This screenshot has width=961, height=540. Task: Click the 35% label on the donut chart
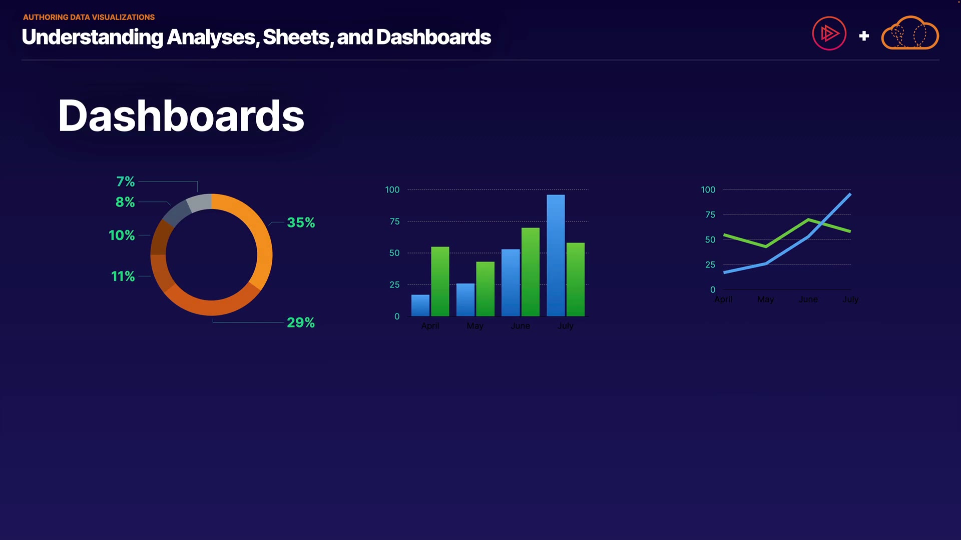301,222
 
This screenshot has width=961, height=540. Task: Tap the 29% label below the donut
301,322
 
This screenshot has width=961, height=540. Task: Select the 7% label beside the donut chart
126,181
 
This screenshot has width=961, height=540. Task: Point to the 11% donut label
123,276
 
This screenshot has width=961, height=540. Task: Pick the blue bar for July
556,255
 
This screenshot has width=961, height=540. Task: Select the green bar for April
440,281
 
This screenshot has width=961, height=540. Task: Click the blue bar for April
420,305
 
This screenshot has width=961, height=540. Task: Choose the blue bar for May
465,299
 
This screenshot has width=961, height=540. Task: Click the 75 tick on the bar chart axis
395,221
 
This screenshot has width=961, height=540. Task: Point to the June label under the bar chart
521,326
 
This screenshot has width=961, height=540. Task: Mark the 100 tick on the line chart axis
708,189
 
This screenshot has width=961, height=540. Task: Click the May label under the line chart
765,299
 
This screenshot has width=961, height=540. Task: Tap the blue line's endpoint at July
850,194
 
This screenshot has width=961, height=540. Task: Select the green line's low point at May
765,246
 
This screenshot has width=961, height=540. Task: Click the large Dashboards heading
181,116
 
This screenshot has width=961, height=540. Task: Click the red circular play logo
829,33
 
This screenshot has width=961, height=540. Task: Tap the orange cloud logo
910,33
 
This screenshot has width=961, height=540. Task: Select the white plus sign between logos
864,36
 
